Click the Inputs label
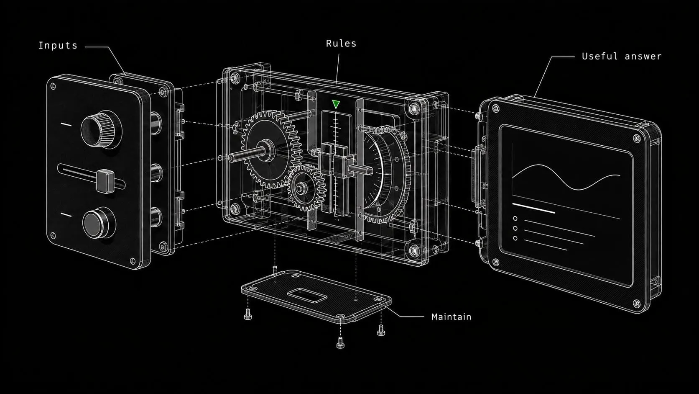pos(58,46)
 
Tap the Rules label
pos(341,44)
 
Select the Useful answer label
pos(622,56)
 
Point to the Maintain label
pos(451,317)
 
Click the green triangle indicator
pos(336,104)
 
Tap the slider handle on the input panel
pos(105,181)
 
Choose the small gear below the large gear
pos(306,188)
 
